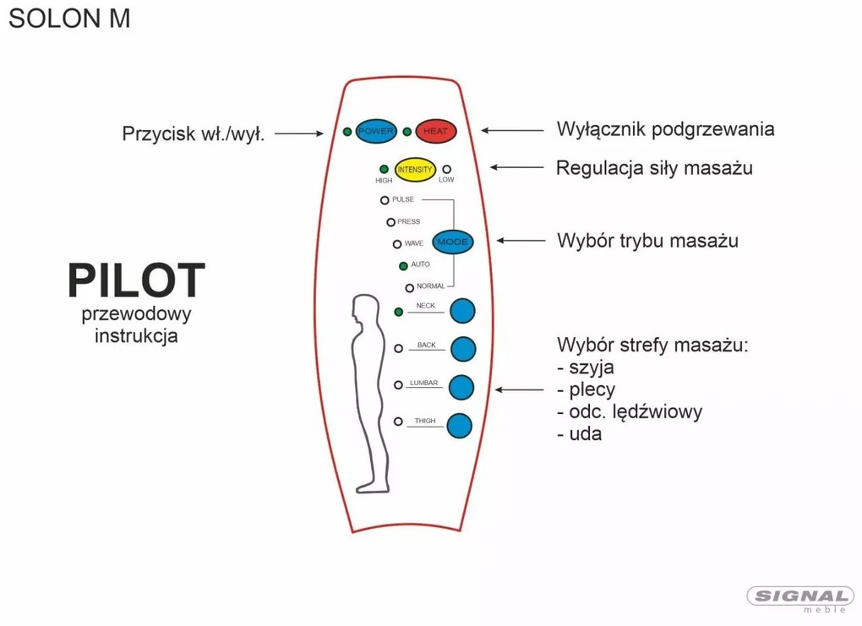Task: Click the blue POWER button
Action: tap(376, 131)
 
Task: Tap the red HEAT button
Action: tap(436, 131)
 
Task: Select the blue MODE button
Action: tap(452, 242)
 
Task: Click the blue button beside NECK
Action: tap(462, 311)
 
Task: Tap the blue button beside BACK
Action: tap(463, 349)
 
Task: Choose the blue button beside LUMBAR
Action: tap(461, 388)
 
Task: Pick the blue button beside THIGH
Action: tap(460, 426)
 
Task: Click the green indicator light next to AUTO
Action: tap(403, 266)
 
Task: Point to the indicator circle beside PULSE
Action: tap(385, 200)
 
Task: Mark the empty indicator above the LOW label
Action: tap(447, 169)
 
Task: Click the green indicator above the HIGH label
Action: tap(385, 169)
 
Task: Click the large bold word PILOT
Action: tap(136, 280)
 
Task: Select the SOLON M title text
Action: tap(69, 18)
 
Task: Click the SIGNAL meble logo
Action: tap(800, 599)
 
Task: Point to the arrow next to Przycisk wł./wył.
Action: tap(299, 133)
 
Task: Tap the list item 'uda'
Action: tap(580, 433)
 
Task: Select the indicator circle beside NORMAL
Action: tap(410, 288)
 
